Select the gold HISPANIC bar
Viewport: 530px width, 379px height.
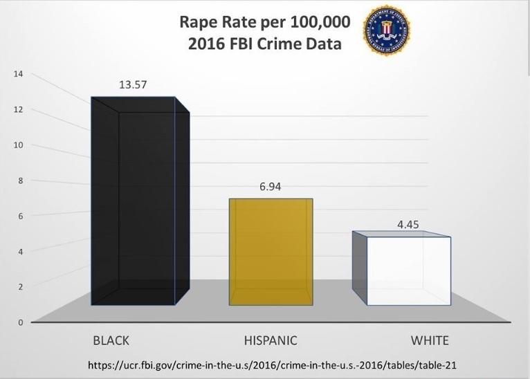271,252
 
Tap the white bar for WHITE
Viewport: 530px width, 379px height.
408,271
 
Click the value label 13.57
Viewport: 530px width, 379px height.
133,85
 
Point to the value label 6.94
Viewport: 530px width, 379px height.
270,187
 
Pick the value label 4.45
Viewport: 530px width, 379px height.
408,225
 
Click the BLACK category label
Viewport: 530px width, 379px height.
111,340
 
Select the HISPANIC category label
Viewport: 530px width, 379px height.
271,340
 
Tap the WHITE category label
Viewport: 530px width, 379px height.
430,340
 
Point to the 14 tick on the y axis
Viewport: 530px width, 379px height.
19,74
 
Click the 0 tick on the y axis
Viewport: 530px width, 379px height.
21,322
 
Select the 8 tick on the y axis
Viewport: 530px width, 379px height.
21,181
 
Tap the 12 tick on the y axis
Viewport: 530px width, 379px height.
19,109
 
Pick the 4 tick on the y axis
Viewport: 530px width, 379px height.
21,251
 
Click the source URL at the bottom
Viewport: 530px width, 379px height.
273,364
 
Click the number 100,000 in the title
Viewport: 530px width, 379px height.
314,21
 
